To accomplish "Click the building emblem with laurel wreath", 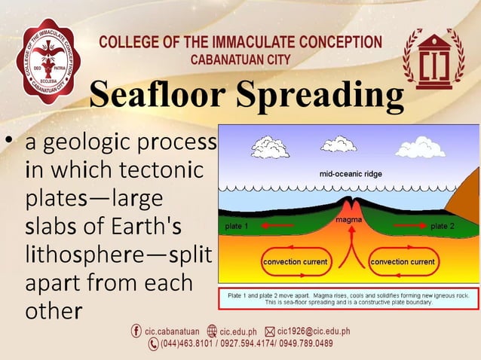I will (434, 59).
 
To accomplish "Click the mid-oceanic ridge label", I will (351, 174).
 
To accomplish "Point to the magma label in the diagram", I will (349, 219).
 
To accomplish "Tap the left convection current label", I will (295, 262).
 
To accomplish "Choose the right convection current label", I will (403, 262).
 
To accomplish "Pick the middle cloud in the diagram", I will (339, 143).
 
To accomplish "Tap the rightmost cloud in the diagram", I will (421, 146).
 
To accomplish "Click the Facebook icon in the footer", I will (136, 331).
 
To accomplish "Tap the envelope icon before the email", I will (269, 331).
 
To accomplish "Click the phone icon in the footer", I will (154, 344).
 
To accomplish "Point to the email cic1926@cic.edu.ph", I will (314, 331).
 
